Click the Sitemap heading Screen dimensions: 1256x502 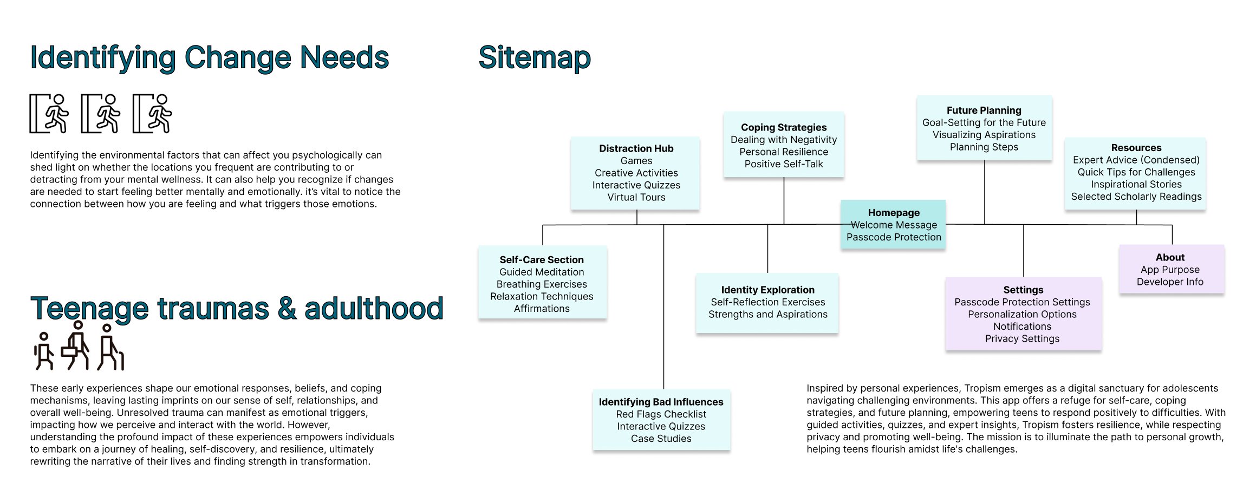(x=535, y=58)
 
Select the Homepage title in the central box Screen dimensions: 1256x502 (x=894, y=213)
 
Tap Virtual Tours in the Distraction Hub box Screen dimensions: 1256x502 (x=636, y=197)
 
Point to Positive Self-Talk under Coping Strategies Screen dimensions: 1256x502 (x=784, y=164)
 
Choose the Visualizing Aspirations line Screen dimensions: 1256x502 (x=984, y=135)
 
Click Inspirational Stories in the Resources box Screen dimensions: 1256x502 (x=1136, y=184)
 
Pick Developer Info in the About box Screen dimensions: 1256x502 (x=1170, y=282)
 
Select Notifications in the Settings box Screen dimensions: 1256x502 (x=1023, y=327)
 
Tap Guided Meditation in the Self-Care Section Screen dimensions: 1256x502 (x=542, y=272)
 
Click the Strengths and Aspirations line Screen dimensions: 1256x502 (x=768, y=314)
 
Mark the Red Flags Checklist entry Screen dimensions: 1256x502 (x=661, y=414)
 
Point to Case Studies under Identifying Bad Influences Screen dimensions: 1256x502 (x=661, y=439)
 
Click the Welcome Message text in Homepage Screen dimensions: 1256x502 (x=894, y=225)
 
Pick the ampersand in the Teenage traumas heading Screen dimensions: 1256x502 (x=287, y=309)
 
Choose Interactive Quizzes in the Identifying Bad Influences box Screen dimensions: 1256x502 (x=661, y=426)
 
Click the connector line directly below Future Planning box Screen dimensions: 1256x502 (x=985, y=192)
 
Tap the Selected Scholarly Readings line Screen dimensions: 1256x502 (x=1136, y=197)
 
